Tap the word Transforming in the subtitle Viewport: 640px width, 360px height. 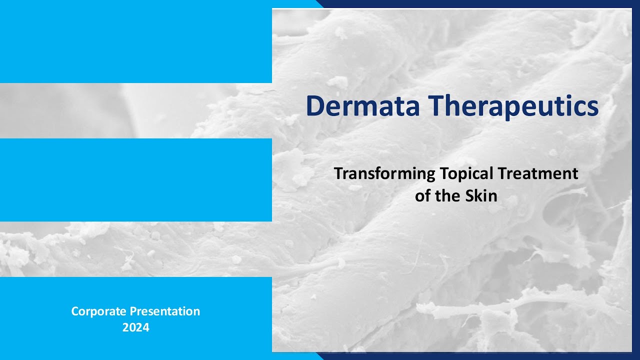[x=384, y=174]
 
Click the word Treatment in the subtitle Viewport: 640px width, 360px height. [x=537, y=173]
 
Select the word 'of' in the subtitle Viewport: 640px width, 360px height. [x=422, y=196]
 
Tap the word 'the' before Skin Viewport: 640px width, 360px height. [x=447, y=196]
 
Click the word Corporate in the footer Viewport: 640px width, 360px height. [x=99, y=311]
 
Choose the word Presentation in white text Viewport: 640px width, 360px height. [x=165, y=311]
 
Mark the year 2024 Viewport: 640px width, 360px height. [x=135, y=328]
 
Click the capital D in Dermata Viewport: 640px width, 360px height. [x=315, y=106]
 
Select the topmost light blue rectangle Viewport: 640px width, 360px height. [x=135, y=41]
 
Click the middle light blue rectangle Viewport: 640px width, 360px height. [x=135, y=180]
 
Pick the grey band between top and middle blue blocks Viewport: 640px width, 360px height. [x=135, y=110]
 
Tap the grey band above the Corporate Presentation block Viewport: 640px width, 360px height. [x=135, y=249]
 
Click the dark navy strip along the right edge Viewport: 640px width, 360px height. [x=636, y=180]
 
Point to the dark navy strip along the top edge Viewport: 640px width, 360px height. [x=480, y=3]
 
